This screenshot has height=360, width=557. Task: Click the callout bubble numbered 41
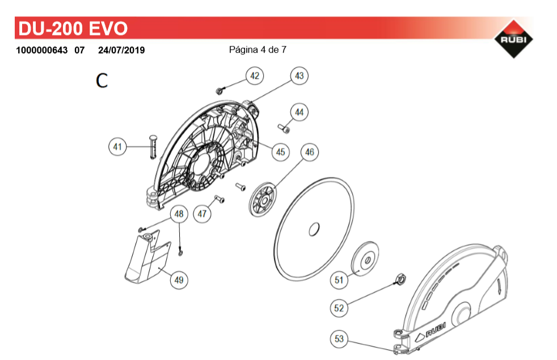coord(117,147)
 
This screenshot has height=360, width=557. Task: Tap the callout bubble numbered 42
coord(255,75)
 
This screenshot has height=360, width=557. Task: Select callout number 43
coord(299,75)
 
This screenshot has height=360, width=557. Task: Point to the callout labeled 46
coord(309,152)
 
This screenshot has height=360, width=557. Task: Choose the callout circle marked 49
coord(179,279)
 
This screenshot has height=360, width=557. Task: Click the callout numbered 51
coord(339,280)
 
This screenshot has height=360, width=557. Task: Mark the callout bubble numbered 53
coord(339,338)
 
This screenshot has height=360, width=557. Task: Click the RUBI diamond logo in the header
coord(513,39)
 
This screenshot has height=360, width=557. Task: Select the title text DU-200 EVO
coord(73,28)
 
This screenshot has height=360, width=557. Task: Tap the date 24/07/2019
coord(121,50)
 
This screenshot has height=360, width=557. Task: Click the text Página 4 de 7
coord(258,50)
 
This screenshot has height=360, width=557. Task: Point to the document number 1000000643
coord(41,50)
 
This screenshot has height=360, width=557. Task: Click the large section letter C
coord(102,81)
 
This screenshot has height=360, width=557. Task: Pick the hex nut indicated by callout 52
coord(400,279)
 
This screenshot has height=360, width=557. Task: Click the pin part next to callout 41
coord(153,147)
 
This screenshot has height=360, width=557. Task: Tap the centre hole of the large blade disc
coord(314,229)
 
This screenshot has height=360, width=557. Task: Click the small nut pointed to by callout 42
coord(219,91)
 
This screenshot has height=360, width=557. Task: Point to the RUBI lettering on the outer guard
coord(436,329)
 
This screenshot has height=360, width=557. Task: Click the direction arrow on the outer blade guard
coord(499,286)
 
